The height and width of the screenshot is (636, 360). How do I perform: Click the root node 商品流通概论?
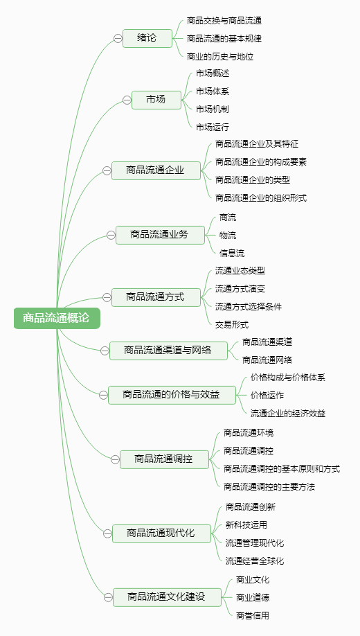tap(57, 318)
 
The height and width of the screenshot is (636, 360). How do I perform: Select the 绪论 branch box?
tap(147, 39)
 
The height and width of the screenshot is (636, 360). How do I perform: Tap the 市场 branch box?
tap(156, 100)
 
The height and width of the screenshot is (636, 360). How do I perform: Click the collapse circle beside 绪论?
tap(118, 39)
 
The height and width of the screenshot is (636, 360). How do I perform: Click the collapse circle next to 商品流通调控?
tap(115, 459)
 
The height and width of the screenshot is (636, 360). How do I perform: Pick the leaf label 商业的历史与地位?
tap(220, 56)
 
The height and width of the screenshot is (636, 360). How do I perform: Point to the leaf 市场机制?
tap(213, 109)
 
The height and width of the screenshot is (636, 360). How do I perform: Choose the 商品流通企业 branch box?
tap(156, 170)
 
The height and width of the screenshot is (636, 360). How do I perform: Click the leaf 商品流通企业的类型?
tap(253, 179)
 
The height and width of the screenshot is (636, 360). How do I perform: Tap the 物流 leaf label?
tap(228, 236)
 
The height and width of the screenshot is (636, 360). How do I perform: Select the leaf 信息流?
tap(232, 254)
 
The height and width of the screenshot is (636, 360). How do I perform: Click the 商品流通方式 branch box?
tap(156, 297)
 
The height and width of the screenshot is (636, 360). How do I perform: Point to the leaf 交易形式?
tap(232, 324)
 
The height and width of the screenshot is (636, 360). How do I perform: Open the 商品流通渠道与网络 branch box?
tap(168, 351)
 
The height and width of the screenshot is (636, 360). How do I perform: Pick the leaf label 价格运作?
tap(267, 395)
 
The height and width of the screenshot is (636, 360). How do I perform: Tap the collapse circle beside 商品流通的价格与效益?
tap(103, 395)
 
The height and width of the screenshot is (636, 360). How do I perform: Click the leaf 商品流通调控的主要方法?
tap(269, 487)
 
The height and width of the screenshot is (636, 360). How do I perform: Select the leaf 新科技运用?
tap(246, 525)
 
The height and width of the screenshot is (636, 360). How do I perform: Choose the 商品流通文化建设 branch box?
tap(167, 597)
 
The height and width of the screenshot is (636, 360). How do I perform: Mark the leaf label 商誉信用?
tap(253, 615)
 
